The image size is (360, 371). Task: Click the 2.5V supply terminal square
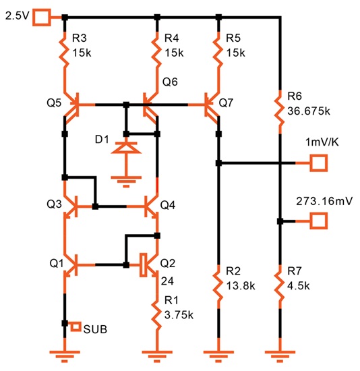[42, 18]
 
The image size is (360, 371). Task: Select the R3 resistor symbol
[64, 50]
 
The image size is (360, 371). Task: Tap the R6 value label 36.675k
[309, 111]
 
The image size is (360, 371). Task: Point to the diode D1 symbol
[126, 148]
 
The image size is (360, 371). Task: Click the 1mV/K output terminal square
[319, 163]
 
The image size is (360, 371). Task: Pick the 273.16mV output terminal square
[319, 221]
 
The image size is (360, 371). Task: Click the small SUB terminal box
[76, 326]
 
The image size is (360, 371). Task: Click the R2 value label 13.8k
[241, 286]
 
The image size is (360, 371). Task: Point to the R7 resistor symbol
[280, 286]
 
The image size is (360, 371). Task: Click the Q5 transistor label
[54, 103]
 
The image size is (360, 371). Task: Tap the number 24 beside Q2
[167, 281]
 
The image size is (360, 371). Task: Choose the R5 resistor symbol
[218, 50]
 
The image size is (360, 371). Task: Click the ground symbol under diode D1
[126, 181]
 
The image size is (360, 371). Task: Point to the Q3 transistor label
[54, 204]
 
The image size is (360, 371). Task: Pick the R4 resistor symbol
[156, 50]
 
